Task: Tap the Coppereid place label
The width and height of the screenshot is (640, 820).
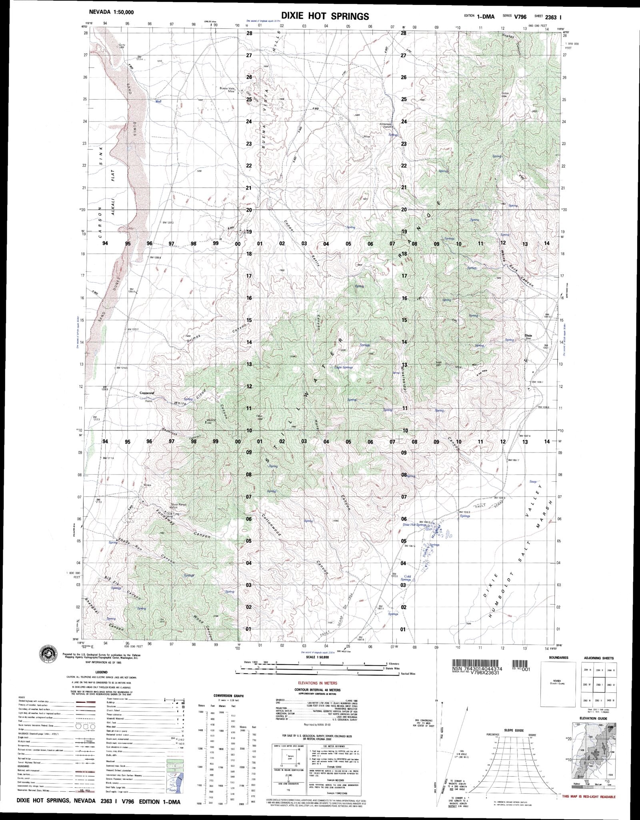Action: click(x=147, y=392)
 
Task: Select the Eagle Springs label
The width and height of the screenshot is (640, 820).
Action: click(x=344, y=367)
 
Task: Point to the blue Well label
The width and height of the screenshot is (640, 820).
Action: click(x=158, y=102)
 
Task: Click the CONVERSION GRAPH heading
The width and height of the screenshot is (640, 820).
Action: click(x=228, y=696)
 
